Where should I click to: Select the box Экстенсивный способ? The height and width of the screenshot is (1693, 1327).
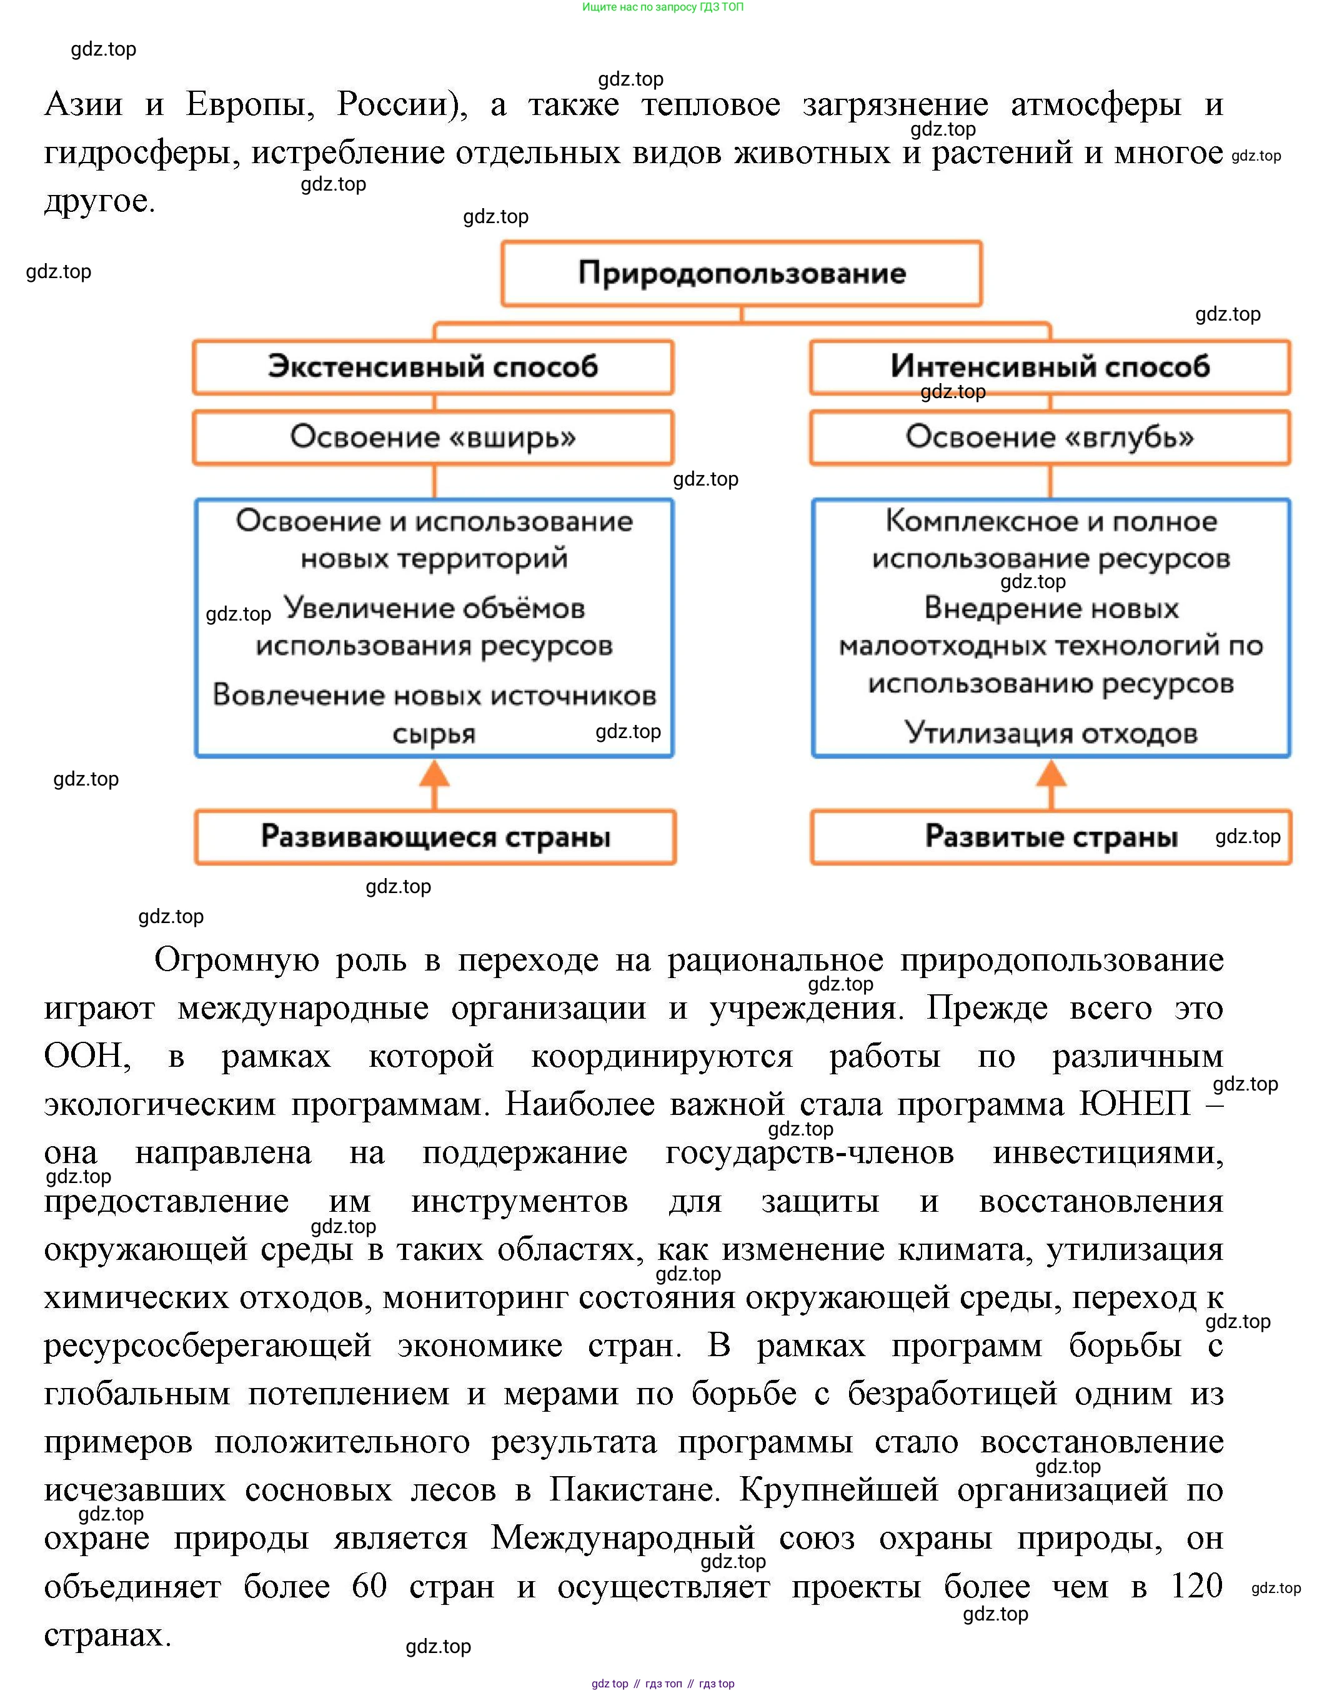coord(433,367)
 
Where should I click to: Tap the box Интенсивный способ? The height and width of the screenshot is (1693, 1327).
coord(1050,367)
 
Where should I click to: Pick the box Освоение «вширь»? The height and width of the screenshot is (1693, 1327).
coord(433,437)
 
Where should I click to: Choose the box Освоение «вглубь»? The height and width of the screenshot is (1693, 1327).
coord(1050,437)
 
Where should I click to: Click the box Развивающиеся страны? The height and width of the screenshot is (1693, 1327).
coord(435,837)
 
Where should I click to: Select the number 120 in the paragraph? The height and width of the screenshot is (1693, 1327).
coord(1196,1586)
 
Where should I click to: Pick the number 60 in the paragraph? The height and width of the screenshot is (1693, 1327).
coord(369,1586)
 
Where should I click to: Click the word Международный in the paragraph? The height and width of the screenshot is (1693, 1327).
coord(622,1537)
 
